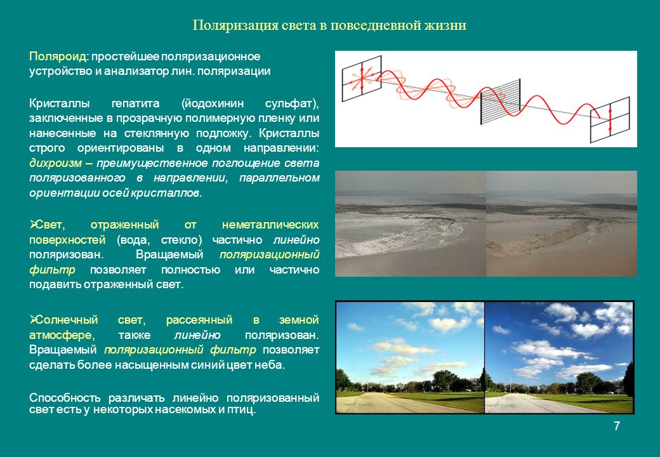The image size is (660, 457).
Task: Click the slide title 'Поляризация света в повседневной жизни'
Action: point(329,25)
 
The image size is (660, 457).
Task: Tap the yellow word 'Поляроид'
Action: point(58,56)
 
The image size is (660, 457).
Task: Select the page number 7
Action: point(617,427)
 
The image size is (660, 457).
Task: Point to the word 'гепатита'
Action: point(136,103)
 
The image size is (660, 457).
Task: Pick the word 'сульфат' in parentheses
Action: point(289,103)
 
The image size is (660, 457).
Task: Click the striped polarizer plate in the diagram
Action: point(501,102)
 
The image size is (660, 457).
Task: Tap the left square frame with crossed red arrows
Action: point(362,79)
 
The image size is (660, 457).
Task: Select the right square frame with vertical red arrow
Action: point(610,120)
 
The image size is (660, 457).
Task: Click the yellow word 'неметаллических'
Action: point(270,225)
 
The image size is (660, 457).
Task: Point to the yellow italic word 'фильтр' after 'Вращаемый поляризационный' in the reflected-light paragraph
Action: point(52,270)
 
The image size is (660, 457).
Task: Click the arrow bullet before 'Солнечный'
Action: point(33,320)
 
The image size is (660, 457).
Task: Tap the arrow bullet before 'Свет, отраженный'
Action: point(33,225)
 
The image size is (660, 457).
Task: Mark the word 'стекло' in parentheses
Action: point(181,240)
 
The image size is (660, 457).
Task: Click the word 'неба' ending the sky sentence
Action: point(267,365)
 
